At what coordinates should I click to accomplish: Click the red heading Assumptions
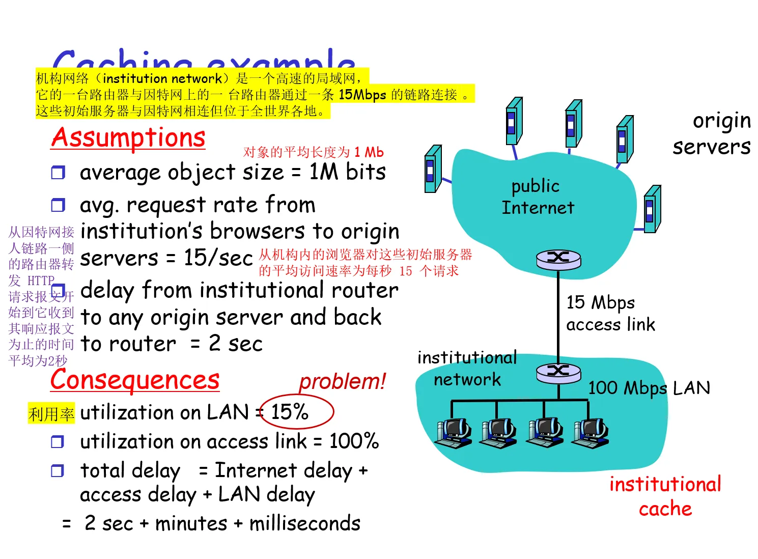tap(128, 138)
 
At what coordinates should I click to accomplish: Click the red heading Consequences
tap(135, 380)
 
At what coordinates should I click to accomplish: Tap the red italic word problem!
tap(342, 381)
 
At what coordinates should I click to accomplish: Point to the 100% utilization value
tap(354, 441)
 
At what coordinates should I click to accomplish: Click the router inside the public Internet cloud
tap(558, 259)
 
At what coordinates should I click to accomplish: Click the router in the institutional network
tap(558, 373)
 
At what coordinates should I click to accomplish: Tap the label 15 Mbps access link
tap(610, 313)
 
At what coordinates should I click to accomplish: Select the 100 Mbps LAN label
tap(649, 388)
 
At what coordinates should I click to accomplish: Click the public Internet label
tap(538, 197)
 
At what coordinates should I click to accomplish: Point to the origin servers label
tap(712, 134)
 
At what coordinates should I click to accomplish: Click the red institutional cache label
tap(665, 496)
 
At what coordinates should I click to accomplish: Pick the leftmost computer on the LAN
tap(453, 433)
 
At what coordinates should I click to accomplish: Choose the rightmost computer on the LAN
tap(591, 433)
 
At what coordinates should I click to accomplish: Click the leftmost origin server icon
tap(433, 169)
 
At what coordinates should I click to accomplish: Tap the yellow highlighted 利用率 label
tap(51, 414)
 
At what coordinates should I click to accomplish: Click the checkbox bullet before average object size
tap(58, 173)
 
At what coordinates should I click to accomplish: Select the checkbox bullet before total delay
tap(58, 471)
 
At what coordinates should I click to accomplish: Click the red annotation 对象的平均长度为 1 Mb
tap(313, 152)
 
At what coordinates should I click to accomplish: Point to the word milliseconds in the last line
tap(305, 523)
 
